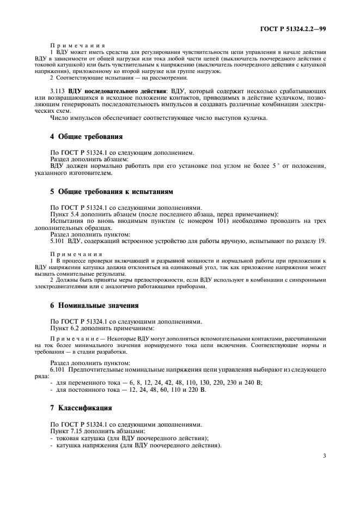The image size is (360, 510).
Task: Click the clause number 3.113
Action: pyautogui.click(x=58, y=90)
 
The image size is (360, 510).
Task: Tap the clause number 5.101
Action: pyautogui.click(x=58, y=241)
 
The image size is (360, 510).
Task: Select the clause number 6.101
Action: pyautogui.click(x=58, y=371)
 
